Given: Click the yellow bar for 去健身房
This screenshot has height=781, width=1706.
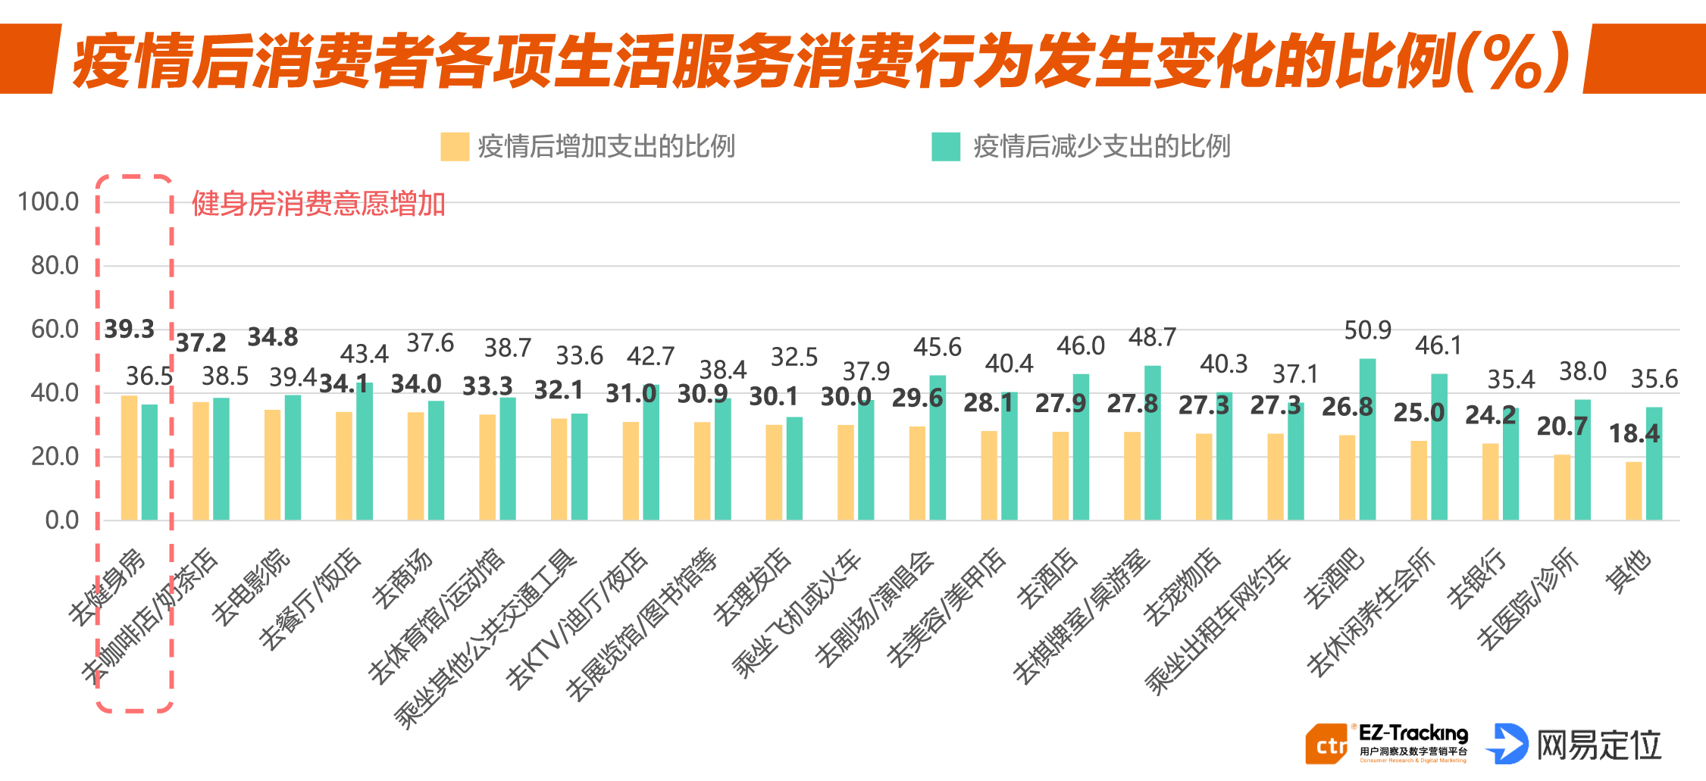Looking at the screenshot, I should pos(129,458).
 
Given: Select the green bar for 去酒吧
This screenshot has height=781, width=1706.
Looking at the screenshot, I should pos(1367,439).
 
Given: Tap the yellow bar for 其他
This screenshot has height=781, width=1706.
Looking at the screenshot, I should pos(1633,491).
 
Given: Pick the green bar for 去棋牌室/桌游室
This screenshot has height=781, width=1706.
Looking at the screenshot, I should pos(1152,443).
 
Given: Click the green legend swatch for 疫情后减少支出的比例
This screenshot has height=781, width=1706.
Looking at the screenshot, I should pos(945,147).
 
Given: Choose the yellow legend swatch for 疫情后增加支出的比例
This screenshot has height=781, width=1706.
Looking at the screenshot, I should pos(455,147).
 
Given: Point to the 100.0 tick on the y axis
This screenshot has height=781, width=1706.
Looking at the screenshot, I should pos(49,202).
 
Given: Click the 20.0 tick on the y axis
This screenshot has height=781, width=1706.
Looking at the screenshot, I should pos(55,457).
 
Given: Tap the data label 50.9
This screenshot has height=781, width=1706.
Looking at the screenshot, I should pos(1367,331).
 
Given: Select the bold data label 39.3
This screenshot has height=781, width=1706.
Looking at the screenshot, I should pos(129,330).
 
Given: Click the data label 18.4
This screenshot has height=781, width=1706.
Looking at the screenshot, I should pos(1633,434).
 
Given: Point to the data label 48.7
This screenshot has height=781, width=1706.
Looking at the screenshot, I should pos(1152,338).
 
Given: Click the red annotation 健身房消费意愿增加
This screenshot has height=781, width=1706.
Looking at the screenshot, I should pos(318,205).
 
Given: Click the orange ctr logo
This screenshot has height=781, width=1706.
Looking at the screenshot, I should pos(1326,745).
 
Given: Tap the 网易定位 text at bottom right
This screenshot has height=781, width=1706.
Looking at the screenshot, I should pos(1599,745).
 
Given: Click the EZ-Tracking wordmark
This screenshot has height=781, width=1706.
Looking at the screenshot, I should pos(1413,733).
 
